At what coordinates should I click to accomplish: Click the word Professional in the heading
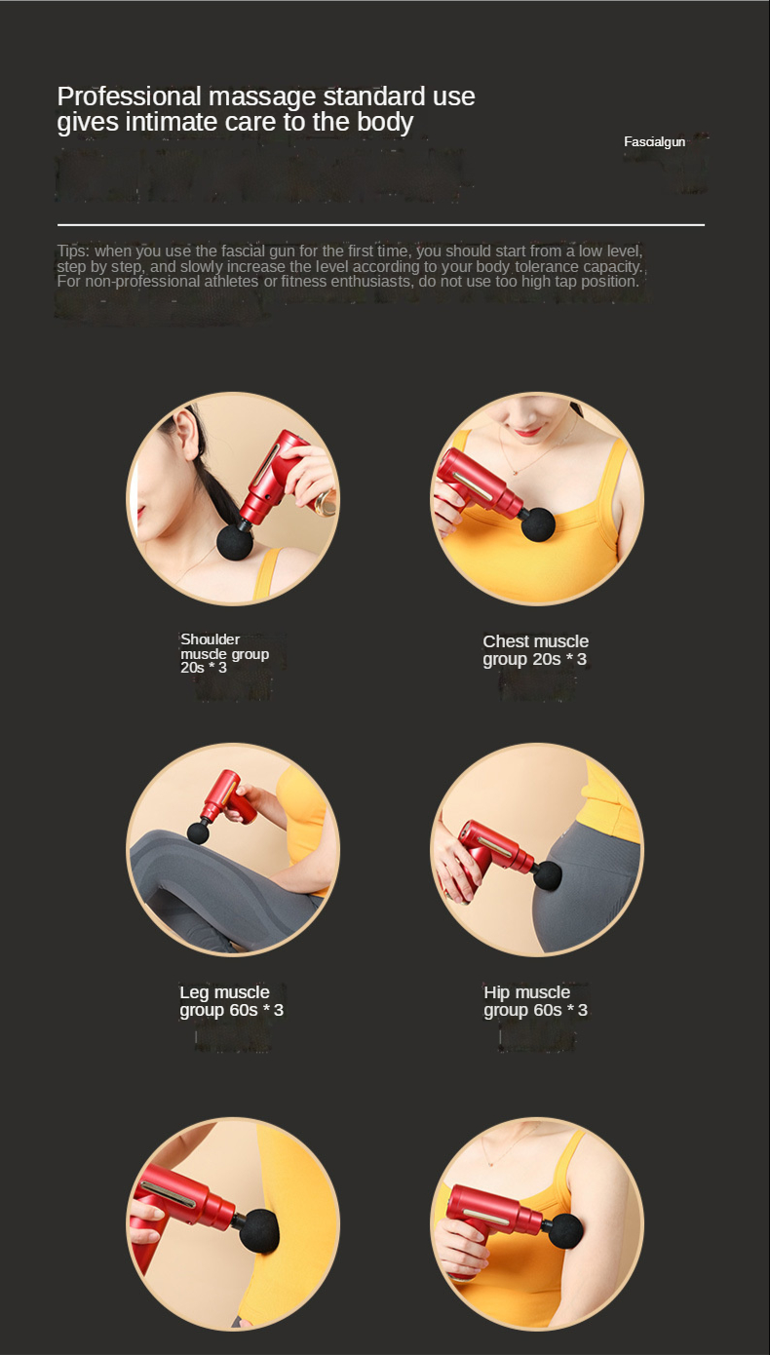[x=129, y=97]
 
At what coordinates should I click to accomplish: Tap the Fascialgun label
[x=654, y=141]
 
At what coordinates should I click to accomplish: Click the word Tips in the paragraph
[x=72, y=251]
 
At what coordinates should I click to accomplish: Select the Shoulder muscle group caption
[x=224, y=653]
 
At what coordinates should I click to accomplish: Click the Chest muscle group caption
[x=535, y=649]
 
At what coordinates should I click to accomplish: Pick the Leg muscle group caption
[x=231, y=1000]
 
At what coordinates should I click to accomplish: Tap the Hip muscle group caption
[x=535, y=1000]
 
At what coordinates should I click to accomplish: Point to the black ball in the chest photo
[x=538, y=524]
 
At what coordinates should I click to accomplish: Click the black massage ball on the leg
[x=199, y=832]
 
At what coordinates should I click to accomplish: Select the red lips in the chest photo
[x=528, y=431]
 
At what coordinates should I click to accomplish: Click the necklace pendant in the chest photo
[x=514, y=471]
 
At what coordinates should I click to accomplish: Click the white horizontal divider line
[x=381, y=225]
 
